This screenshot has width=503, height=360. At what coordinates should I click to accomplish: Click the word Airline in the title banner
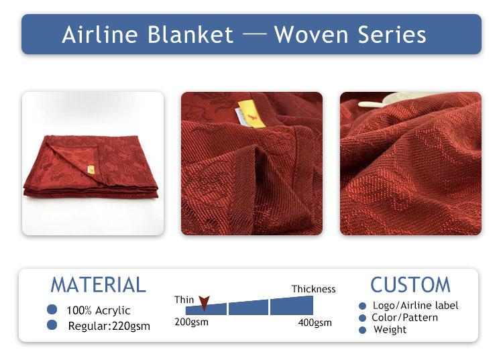coord(100,35)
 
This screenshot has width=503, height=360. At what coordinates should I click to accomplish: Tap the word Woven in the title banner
coord(311,35)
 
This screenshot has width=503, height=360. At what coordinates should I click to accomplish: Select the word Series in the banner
coord(392,35)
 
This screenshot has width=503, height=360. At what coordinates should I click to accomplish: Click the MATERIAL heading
coord(98,285)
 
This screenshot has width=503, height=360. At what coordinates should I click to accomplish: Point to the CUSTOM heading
coord(410,285)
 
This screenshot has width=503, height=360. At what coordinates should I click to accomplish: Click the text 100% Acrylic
coord(98,310)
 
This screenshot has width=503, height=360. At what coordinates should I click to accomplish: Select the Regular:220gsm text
coord(109,326)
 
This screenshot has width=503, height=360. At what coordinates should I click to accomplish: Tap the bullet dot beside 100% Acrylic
coord(52,309)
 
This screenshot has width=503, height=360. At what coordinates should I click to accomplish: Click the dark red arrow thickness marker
coord(204,302)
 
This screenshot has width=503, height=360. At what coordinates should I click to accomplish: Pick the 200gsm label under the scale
coord(192,322)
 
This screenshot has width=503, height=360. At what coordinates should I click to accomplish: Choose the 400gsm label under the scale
coord(315,322)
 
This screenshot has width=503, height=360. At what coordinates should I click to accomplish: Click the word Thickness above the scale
coord(313,289)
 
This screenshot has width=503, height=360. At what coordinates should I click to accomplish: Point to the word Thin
coord(184,300)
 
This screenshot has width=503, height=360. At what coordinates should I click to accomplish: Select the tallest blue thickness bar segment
coord(292,306)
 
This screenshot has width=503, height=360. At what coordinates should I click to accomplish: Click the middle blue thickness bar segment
coord(248,308)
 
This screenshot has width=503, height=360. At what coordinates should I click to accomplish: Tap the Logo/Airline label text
coord(415,306)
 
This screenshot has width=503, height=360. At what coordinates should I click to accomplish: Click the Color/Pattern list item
coord(405,317)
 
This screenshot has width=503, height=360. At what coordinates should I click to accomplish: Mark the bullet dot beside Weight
coord(362,330)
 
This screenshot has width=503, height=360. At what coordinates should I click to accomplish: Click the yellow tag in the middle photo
coord(252,114)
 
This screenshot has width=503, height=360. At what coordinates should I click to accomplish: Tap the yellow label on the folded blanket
coord(91,169)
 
